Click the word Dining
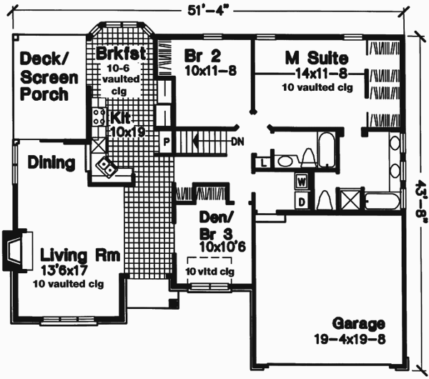(51, 162)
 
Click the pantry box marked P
(166, 140)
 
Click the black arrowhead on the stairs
(193, 141)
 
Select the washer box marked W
(301, 182)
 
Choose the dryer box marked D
(301, 202)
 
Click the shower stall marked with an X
(351, 200)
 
